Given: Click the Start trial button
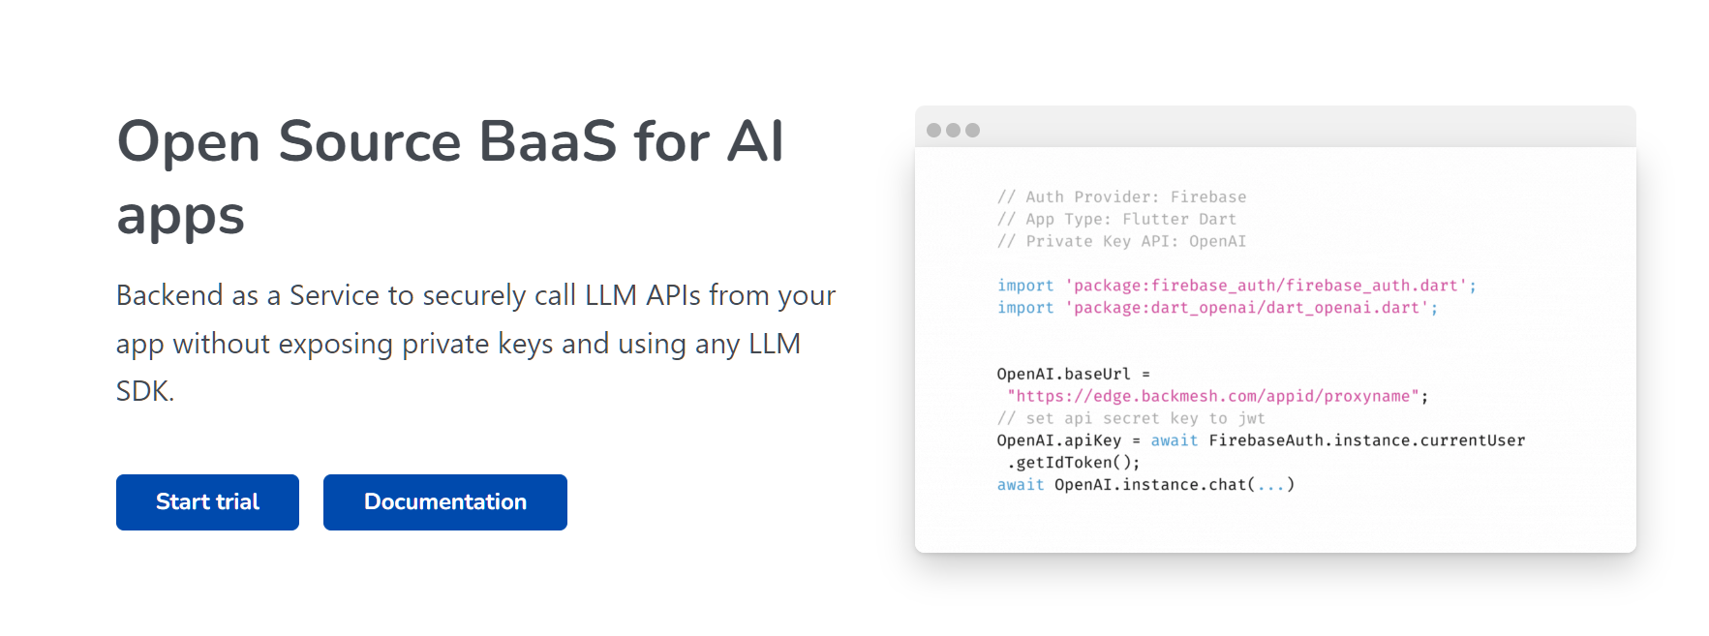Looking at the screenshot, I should point(207,502).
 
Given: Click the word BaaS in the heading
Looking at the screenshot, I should point(547,141).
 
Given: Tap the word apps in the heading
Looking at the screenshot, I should point(180,216).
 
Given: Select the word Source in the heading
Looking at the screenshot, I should point(369,141).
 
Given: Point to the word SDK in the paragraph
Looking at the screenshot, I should point(143,391).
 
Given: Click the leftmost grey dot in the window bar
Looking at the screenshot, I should point(933,130).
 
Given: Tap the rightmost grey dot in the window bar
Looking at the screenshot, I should point(972,130).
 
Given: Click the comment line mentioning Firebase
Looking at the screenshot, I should point(1121,197).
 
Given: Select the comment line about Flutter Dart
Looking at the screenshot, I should point(1116,219).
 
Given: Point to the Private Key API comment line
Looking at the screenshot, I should point(1121,241).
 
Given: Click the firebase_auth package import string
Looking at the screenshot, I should point(1266,286).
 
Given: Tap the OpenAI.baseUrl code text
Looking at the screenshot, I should point(1063,374).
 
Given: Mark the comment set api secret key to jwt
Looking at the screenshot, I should point(1131,418).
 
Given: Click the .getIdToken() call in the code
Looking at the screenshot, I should point(1073,463).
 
